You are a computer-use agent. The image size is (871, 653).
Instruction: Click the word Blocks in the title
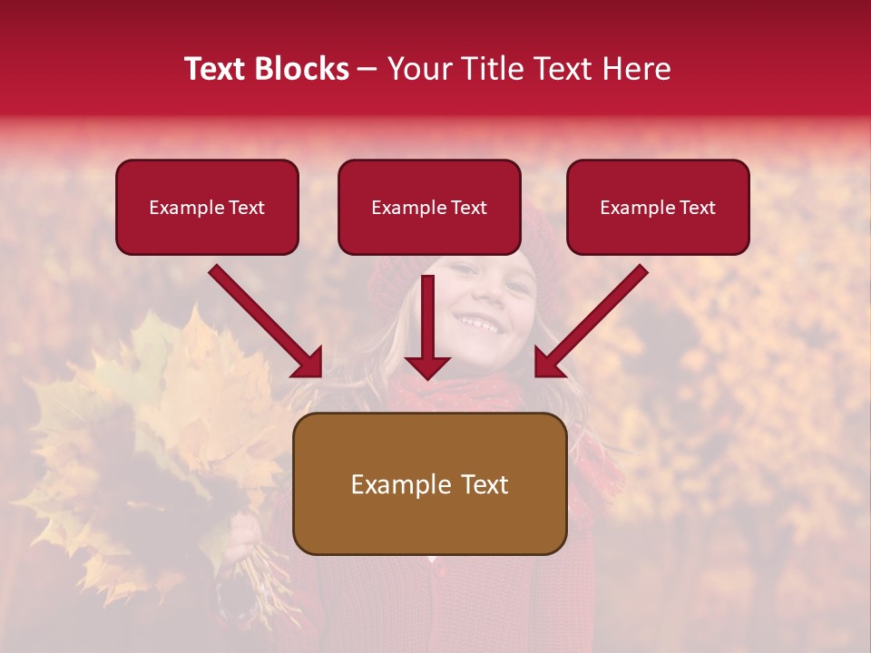304,69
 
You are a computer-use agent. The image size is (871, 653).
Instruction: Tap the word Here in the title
636,69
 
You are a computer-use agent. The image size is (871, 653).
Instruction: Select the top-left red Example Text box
207,207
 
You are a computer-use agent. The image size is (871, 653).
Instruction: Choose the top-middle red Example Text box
429,207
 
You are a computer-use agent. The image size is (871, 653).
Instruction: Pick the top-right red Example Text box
658,207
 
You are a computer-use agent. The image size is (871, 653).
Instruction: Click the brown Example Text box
429,483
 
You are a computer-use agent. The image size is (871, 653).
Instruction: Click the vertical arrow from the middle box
427,326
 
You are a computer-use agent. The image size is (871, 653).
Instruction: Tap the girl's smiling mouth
477,322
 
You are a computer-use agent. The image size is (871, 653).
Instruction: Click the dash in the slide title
367,70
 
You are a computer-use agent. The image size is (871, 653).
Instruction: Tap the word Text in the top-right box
697,208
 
